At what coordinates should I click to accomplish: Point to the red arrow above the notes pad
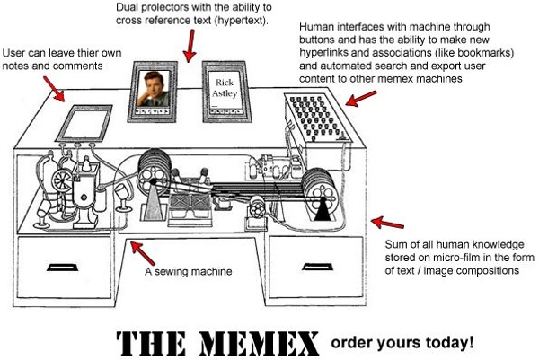coord(51,86)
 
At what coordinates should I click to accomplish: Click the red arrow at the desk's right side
coord(382,222)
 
